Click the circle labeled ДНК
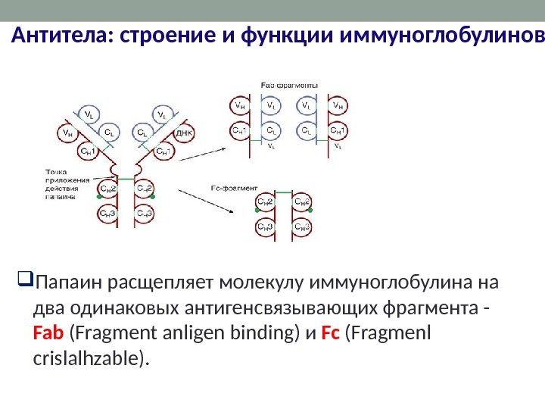click(185, 133)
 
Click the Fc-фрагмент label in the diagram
click(234, 186)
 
